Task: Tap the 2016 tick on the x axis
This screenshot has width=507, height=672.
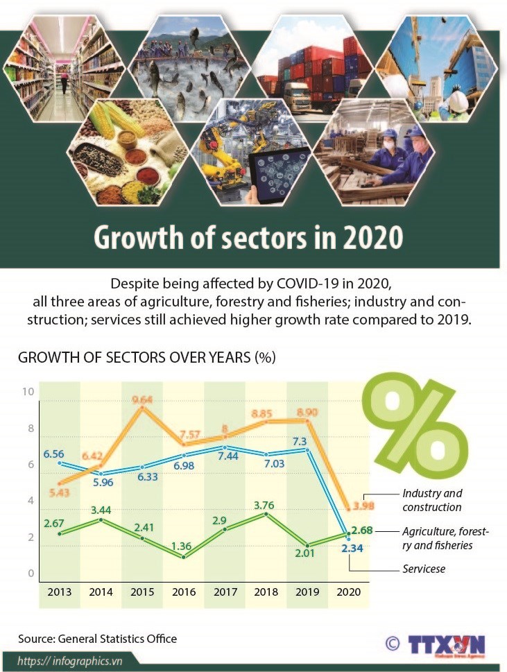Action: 183,592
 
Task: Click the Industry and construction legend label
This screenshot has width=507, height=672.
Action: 432,500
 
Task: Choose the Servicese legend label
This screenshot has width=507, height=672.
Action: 424,569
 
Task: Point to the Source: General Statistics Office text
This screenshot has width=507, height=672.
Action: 98,638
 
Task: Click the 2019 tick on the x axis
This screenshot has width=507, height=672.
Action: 307,592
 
